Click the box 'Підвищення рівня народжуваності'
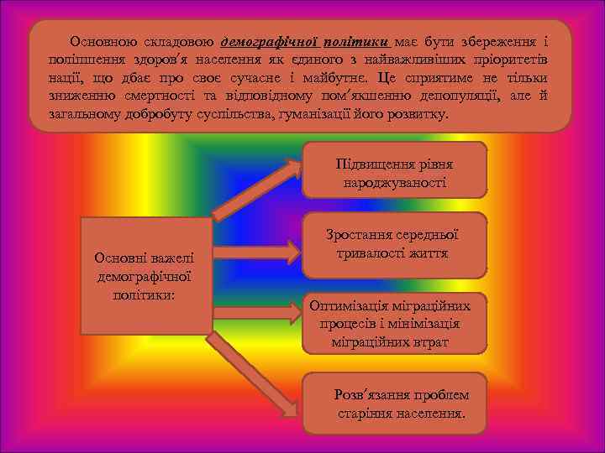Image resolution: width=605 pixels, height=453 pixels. (394, 170)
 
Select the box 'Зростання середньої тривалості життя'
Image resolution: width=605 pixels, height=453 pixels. (394, 243)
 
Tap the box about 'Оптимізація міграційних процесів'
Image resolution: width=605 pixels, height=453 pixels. (395, 323)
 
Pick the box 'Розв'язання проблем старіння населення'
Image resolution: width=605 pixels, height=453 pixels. (401, 404)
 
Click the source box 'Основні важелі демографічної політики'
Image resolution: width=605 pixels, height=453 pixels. (145, 276)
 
